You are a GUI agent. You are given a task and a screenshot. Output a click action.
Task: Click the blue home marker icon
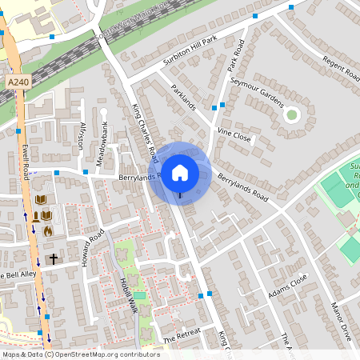click(180, 172)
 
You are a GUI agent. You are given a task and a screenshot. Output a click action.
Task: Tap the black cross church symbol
click(54, 259)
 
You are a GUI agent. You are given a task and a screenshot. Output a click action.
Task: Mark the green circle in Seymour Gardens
click(291, 115)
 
